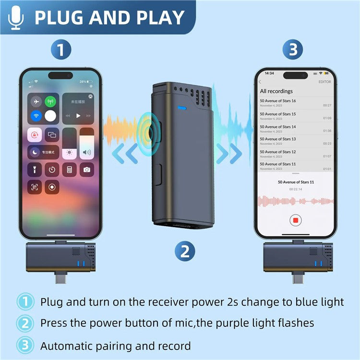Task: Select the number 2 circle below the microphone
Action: pos(185,251)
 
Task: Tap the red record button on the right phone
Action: pos(296,220)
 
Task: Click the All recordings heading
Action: pos(276,91)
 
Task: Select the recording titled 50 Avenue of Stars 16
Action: pos(278,101)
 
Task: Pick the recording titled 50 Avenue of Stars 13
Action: pos(278,139)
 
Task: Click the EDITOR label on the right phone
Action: pos(324,82)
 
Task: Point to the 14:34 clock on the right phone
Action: pos(269,73)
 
